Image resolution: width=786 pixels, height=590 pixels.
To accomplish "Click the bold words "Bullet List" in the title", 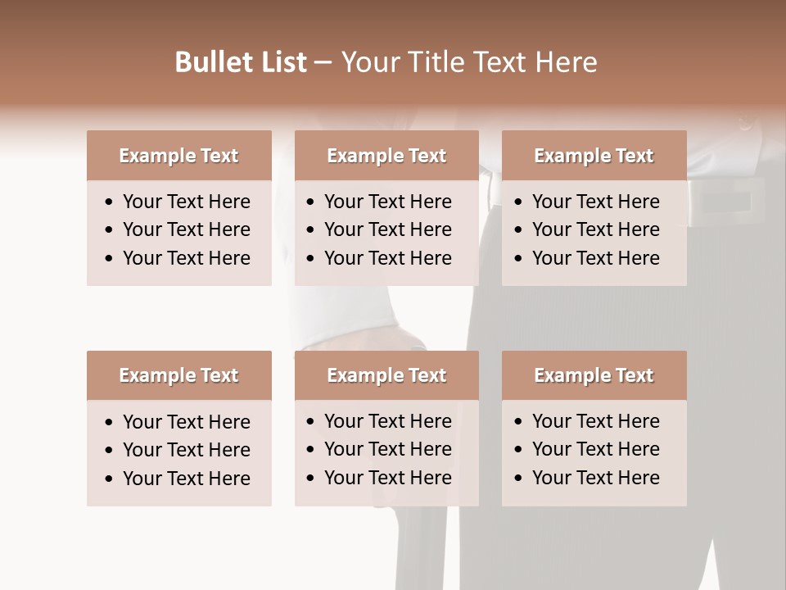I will point(240,62).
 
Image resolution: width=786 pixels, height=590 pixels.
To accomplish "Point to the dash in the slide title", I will point(323,63).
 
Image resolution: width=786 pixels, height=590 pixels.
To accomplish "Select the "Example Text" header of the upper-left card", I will point(178,156).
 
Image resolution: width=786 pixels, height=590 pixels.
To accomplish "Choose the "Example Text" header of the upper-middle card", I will point(386,156).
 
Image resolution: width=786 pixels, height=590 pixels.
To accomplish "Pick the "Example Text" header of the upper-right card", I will point(594,156).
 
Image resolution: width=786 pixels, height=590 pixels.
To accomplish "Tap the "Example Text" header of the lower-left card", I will point(178,375).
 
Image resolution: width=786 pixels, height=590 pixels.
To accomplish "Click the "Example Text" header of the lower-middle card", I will point(386,375).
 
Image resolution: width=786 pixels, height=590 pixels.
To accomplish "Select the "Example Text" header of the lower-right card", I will point(594,375).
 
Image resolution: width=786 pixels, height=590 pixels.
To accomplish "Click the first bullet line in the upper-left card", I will point(186,202).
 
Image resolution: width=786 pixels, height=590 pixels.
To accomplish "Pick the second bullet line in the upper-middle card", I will point(387,229).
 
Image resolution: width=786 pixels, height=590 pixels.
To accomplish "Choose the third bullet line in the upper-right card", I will point(595,258).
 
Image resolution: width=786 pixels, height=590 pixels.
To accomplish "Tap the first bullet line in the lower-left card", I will point(186,422).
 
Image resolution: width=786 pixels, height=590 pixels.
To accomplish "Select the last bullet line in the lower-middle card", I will point(387,478).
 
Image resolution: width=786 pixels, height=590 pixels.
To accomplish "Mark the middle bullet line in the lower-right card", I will point(595,449).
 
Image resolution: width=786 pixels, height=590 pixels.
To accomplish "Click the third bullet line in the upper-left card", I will point(186,258).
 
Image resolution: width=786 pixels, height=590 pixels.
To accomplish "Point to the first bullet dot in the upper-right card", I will point(519,202).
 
